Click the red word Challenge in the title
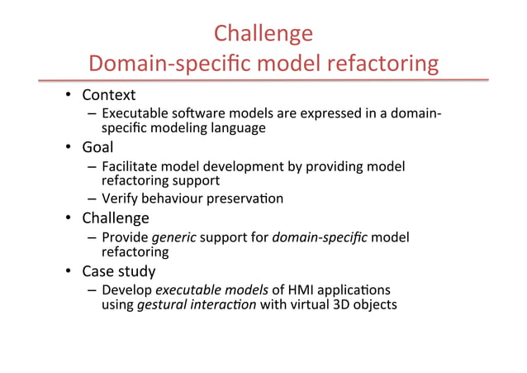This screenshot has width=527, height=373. point(263,33)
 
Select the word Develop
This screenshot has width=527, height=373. point(126,289)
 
